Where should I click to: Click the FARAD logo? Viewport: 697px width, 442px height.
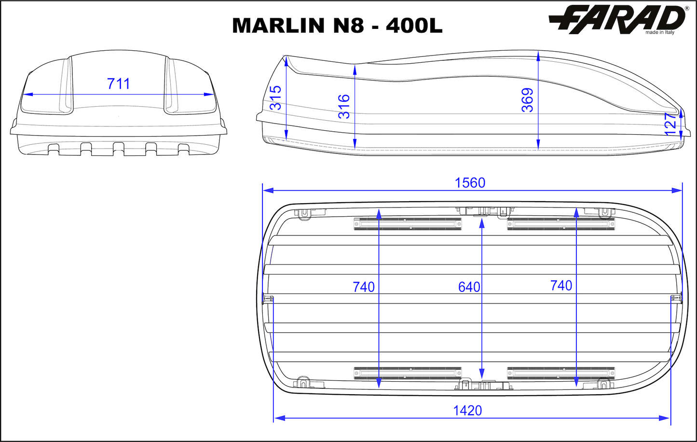(617, 20)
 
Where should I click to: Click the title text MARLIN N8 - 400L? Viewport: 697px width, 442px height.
(337, 26)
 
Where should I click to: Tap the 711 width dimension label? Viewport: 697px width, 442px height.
(119, 84)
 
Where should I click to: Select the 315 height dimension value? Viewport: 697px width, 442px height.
(275, 98)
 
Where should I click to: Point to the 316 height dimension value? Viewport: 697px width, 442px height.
(344, 106)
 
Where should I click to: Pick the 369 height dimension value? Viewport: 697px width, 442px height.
(528, 100)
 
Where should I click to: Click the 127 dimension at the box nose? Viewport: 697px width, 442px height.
(670, 124)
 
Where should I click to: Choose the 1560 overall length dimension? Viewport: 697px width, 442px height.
(470, 183)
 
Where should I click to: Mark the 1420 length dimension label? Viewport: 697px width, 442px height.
(467, 411)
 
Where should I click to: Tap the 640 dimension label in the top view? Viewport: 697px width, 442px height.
(469, 287)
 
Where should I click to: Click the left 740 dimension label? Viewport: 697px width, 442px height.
(364, 287)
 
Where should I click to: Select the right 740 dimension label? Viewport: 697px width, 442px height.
(561, 286)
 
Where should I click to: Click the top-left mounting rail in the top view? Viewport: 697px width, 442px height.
(408, 224)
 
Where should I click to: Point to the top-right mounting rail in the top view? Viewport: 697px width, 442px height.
(561, 224)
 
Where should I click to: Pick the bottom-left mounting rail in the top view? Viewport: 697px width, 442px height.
(408, 373)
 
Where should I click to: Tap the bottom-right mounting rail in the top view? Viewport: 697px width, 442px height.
(561, 373)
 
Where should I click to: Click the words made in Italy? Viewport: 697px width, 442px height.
(660, 32)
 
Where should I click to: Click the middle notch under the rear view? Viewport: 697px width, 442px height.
(119, 148)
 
